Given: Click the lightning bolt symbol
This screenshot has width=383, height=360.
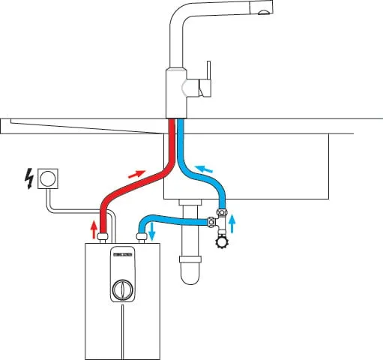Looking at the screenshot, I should coord(28,178).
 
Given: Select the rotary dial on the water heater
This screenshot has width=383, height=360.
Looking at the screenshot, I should coord(121,289).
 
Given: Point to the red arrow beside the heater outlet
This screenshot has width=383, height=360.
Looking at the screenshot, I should coord(94,226).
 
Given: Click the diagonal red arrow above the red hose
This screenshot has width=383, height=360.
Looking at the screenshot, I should coord(136,174).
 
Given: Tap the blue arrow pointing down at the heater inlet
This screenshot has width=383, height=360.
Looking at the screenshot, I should coord(152,230).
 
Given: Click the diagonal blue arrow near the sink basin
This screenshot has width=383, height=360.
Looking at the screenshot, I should coord(203,168).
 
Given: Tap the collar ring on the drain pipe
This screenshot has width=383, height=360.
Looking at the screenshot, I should coord(191,258).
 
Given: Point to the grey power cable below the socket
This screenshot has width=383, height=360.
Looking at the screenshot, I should coord(47,201).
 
